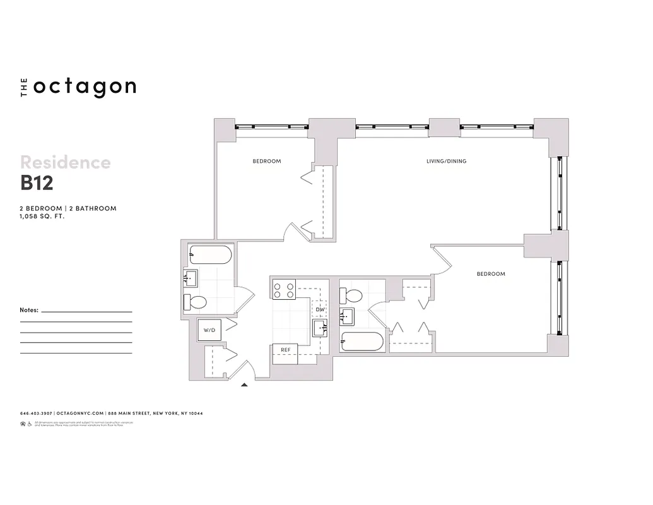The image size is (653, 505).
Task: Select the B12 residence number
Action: [x=37, y=182]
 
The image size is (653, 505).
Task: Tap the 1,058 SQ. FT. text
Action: [x=43, y=216]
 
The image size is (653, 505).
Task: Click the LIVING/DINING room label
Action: [x=446, y=162]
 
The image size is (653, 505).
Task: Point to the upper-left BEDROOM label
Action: [x=267, y=162]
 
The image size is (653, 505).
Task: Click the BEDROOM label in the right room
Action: [x=490, y=274]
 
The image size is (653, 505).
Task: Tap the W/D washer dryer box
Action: [x=208, y=330]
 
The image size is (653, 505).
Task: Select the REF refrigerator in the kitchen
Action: [x=285, y=348]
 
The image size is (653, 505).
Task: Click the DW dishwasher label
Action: [x=320, y=309]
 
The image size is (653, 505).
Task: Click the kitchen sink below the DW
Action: [x=320, y=328]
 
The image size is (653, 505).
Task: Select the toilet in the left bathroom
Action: [x=196, y=302]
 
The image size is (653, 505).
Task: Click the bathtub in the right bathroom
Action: [x=362, y=342]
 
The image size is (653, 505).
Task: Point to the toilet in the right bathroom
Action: [x=351, y=295]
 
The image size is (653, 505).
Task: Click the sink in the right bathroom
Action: [x=347, y=316]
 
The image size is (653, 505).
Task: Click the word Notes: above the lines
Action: [x=30, y=311]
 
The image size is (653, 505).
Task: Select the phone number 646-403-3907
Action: [x=36, y=414]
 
